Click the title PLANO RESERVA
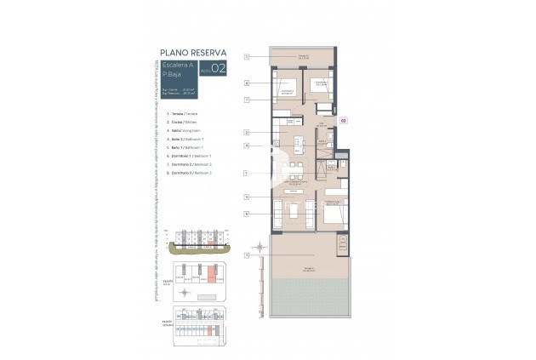click(193, 52)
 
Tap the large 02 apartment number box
click(218, 70)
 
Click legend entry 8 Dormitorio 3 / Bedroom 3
click(191, 173)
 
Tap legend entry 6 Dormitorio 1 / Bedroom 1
click(191, 156)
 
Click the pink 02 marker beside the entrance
click(343, 121)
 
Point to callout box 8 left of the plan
click(245, 83)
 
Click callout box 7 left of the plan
click(245, 100)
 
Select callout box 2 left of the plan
click(245, 132)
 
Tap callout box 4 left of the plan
click(245, 146)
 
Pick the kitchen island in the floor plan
click(297, 140)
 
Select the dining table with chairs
click(294, 165)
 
